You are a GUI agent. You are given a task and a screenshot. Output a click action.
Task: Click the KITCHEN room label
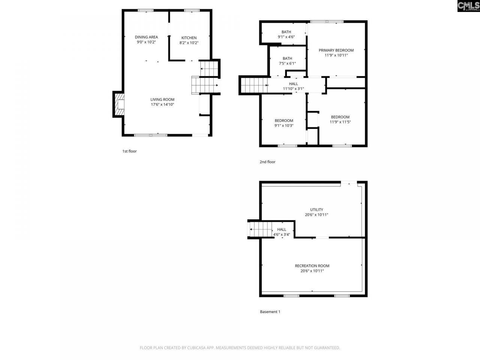(x=189, y=38)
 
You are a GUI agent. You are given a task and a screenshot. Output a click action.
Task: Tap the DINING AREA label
(x=146, y=37)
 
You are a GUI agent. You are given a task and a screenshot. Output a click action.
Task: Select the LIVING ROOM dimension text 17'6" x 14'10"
(x=162, y=105)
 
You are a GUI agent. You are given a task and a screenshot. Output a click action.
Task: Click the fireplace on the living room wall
(x=119, y=104)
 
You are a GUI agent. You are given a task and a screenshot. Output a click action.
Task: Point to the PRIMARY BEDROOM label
(x=336, y=50)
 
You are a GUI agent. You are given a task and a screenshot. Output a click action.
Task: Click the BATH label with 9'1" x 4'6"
(x=286, y=32)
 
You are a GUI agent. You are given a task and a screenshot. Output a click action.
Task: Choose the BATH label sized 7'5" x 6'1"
(x=287, y=58)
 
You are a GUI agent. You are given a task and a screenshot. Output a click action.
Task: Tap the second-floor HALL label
(x=293, y=84)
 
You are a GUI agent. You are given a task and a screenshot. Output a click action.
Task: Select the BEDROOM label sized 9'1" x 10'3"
(x=284, y=121)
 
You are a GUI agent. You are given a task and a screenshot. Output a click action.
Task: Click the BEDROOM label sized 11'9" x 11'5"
(x=340, y=117)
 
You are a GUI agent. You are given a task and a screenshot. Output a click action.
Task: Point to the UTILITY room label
(x=316, y=210)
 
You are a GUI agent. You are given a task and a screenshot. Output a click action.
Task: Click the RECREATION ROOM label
(x=312, y=266)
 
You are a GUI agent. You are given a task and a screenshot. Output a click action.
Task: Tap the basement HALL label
(x=282, y=229)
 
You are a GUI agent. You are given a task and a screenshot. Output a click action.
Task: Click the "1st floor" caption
(x=129, y=151)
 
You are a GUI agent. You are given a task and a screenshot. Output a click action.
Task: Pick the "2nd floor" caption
(x=267, y=162)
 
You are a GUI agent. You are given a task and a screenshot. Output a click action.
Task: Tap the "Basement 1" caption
(x=270, y=312)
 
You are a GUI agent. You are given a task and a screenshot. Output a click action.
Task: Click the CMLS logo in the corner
(x=468, y=6)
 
